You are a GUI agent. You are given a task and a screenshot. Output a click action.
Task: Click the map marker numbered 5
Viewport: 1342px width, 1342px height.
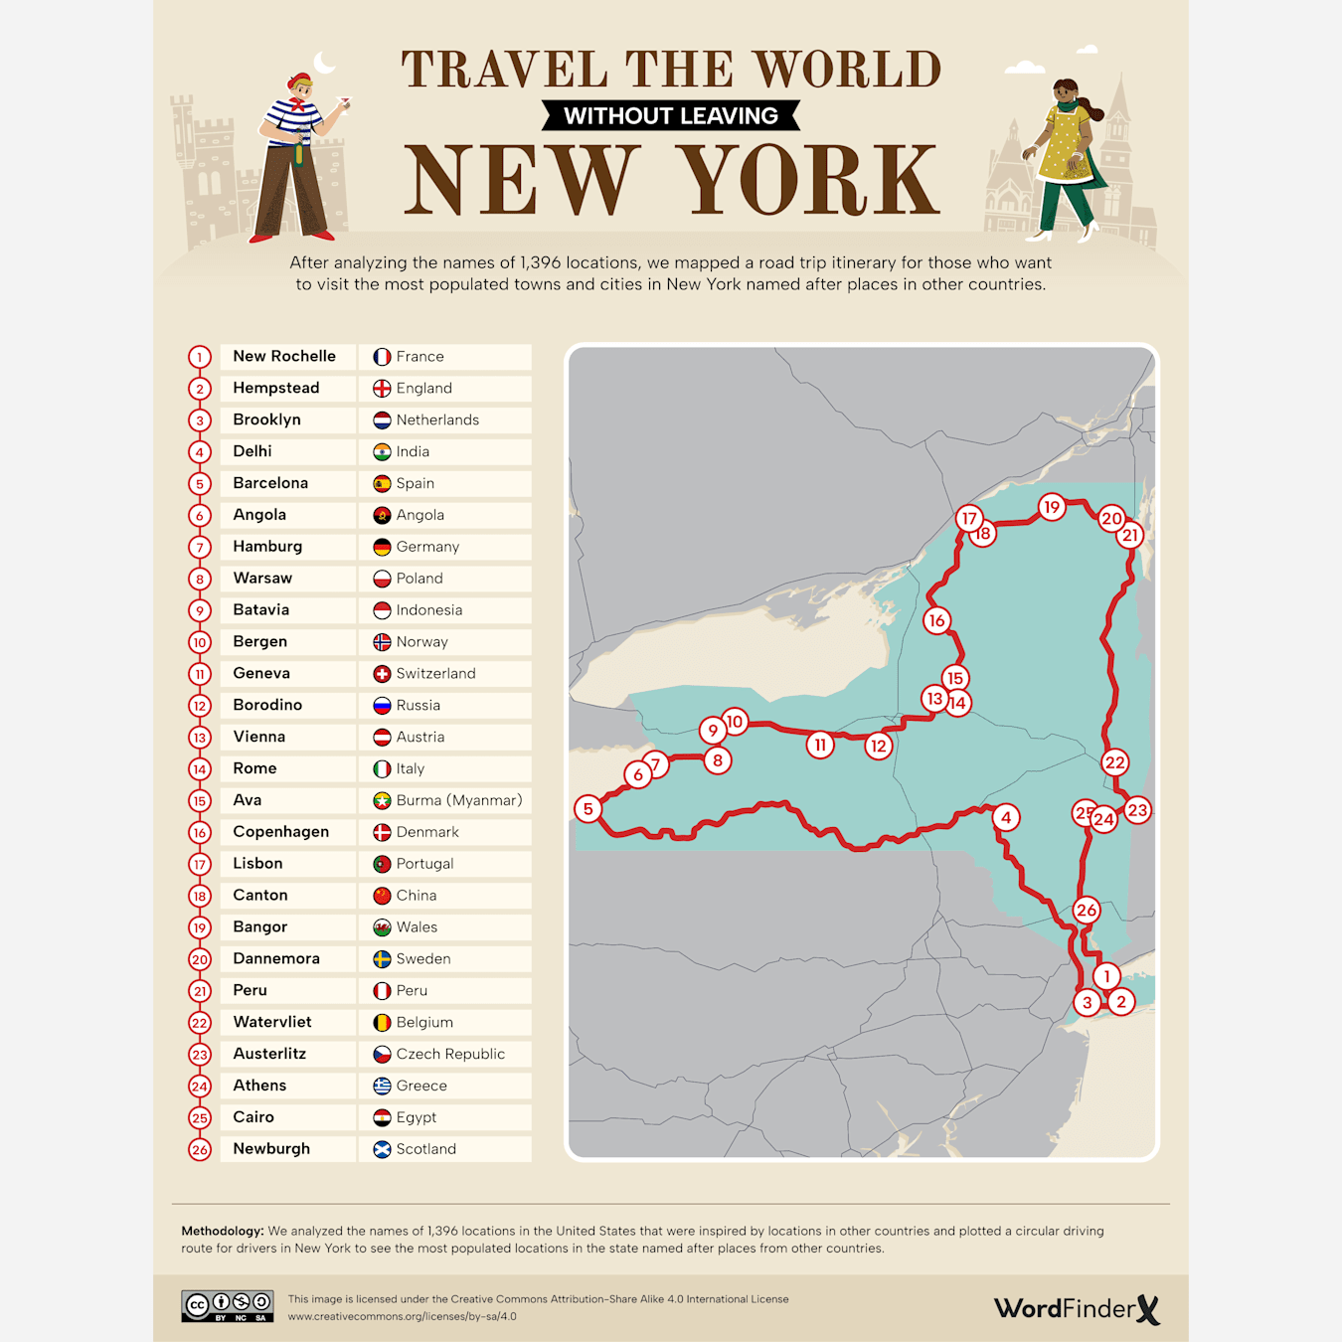[588, 808]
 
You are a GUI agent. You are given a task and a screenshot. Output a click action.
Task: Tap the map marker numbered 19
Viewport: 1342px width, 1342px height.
[1052, 507]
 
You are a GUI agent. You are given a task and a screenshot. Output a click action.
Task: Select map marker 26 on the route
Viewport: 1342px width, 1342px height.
[1086, 910]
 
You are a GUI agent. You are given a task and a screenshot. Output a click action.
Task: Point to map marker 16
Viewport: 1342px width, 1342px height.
[936, 621]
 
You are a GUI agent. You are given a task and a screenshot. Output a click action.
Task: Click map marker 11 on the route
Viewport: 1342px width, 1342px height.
[820, 745]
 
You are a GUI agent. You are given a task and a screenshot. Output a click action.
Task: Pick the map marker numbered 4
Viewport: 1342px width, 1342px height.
[1006, 817]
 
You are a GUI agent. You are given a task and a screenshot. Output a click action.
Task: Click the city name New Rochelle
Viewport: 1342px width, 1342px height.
[284, 356]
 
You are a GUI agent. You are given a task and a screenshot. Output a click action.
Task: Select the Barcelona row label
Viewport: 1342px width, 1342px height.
[270, 483]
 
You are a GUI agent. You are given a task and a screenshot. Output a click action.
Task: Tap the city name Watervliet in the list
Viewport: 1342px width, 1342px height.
[272, 1022]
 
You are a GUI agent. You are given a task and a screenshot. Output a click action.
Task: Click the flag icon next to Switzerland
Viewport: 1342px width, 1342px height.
[382, 674]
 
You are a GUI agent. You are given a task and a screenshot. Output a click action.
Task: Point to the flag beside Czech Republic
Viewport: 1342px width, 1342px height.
[382, 1055]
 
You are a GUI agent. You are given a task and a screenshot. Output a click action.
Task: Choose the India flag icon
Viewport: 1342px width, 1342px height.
[382, 452]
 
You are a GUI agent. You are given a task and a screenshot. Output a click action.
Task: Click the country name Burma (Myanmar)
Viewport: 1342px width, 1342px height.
[458, 800]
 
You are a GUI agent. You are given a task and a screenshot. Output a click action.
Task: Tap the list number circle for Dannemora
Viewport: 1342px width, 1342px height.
[200, 959]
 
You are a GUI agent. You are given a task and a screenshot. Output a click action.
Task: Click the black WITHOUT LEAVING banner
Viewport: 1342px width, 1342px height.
[671, 115]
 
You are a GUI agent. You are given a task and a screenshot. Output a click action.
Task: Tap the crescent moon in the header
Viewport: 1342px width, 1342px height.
[324, 63]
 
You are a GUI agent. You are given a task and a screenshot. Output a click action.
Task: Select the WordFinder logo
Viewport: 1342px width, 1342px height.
[1077, 1308]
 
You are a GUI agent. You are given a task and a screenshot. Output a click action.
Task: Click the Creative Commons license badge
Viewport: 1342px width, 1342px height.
[227, 1305]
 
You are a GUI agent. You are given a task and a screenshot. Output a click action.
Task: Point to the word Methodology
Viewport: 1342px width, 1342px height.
[222, 1231]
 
